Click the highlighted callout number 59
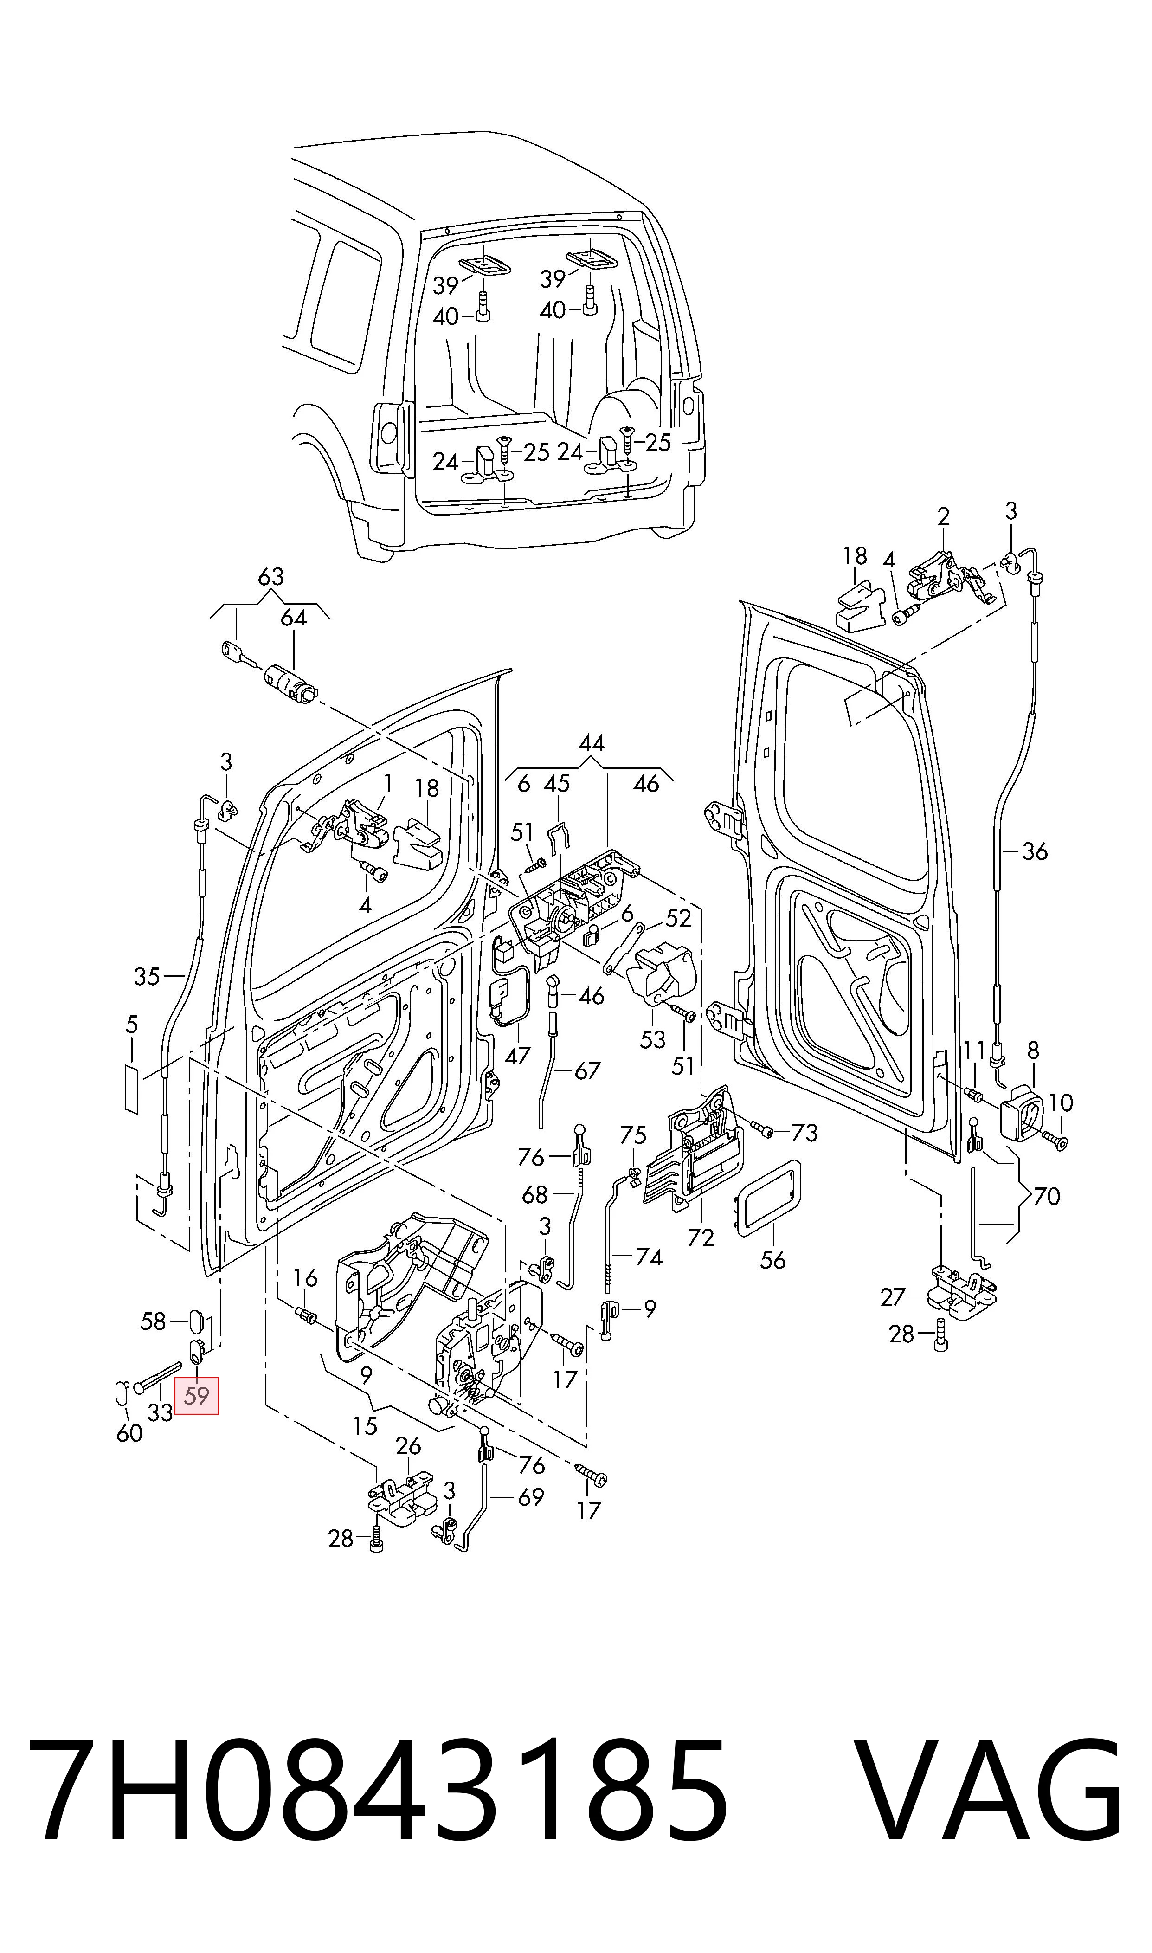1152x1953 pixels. [197, 1396]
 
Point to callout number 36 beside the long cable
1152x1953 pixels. [1035, 851]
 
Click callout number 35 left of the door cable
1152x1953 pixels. [147, 976]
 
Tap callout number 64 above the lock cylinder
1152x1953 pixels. [293, 618]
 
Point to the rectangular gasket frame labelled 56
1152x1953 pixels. [768, 1197]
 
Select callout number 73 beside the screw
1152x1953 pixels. [804, 1133]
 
